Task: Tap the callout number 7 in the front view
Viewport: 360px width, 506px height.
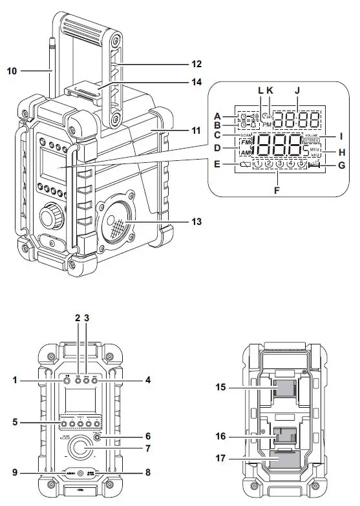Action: tap(147, 447)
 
